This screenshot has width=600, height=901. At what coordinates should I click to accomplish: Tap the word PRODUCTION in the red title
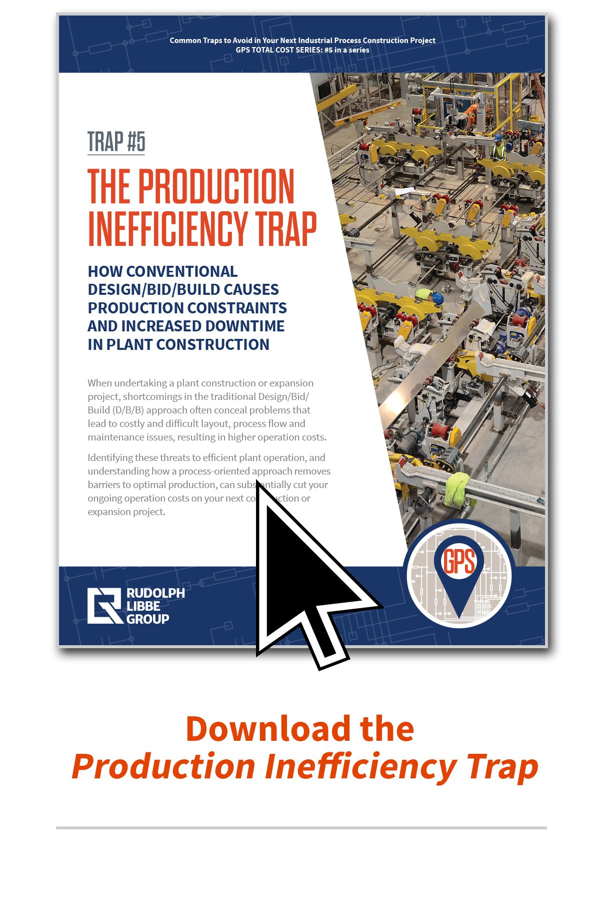coord(216,186)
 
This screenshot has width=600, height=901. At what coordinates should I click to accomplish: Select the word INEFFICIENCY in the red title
coord(168,229)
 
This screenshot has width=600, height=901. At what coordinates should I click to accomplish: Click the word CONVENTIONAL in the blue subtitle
coord(182,271)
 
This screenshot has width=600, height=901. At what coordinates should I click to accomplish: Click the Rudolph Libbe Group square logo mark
coord(104,606)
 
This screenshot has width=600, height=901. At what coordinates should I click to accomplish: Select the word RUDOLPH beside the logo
coord(155,593)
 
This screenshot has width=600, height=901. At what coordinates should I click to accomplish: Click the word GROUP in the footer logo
coord(147,619)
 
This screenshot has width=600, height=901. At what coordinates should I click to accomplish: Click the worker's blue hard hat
coord(437,298)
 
